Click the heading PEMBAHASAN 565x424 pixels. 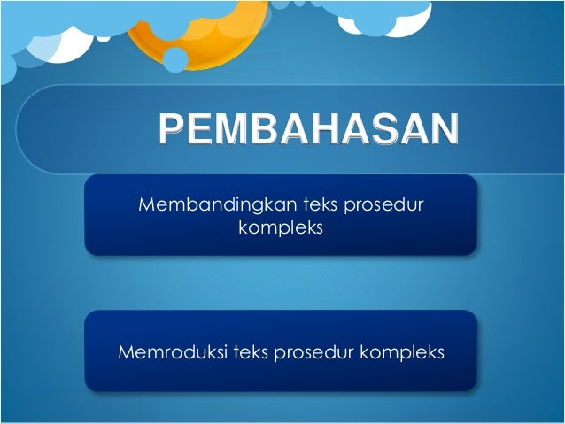309,129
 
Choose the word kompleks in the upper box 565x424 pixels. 281,228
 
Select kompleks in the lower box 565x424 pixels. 402,352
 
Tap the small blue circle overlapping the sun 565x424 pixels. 175,58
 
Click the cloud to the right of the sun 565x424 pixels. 381,13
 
